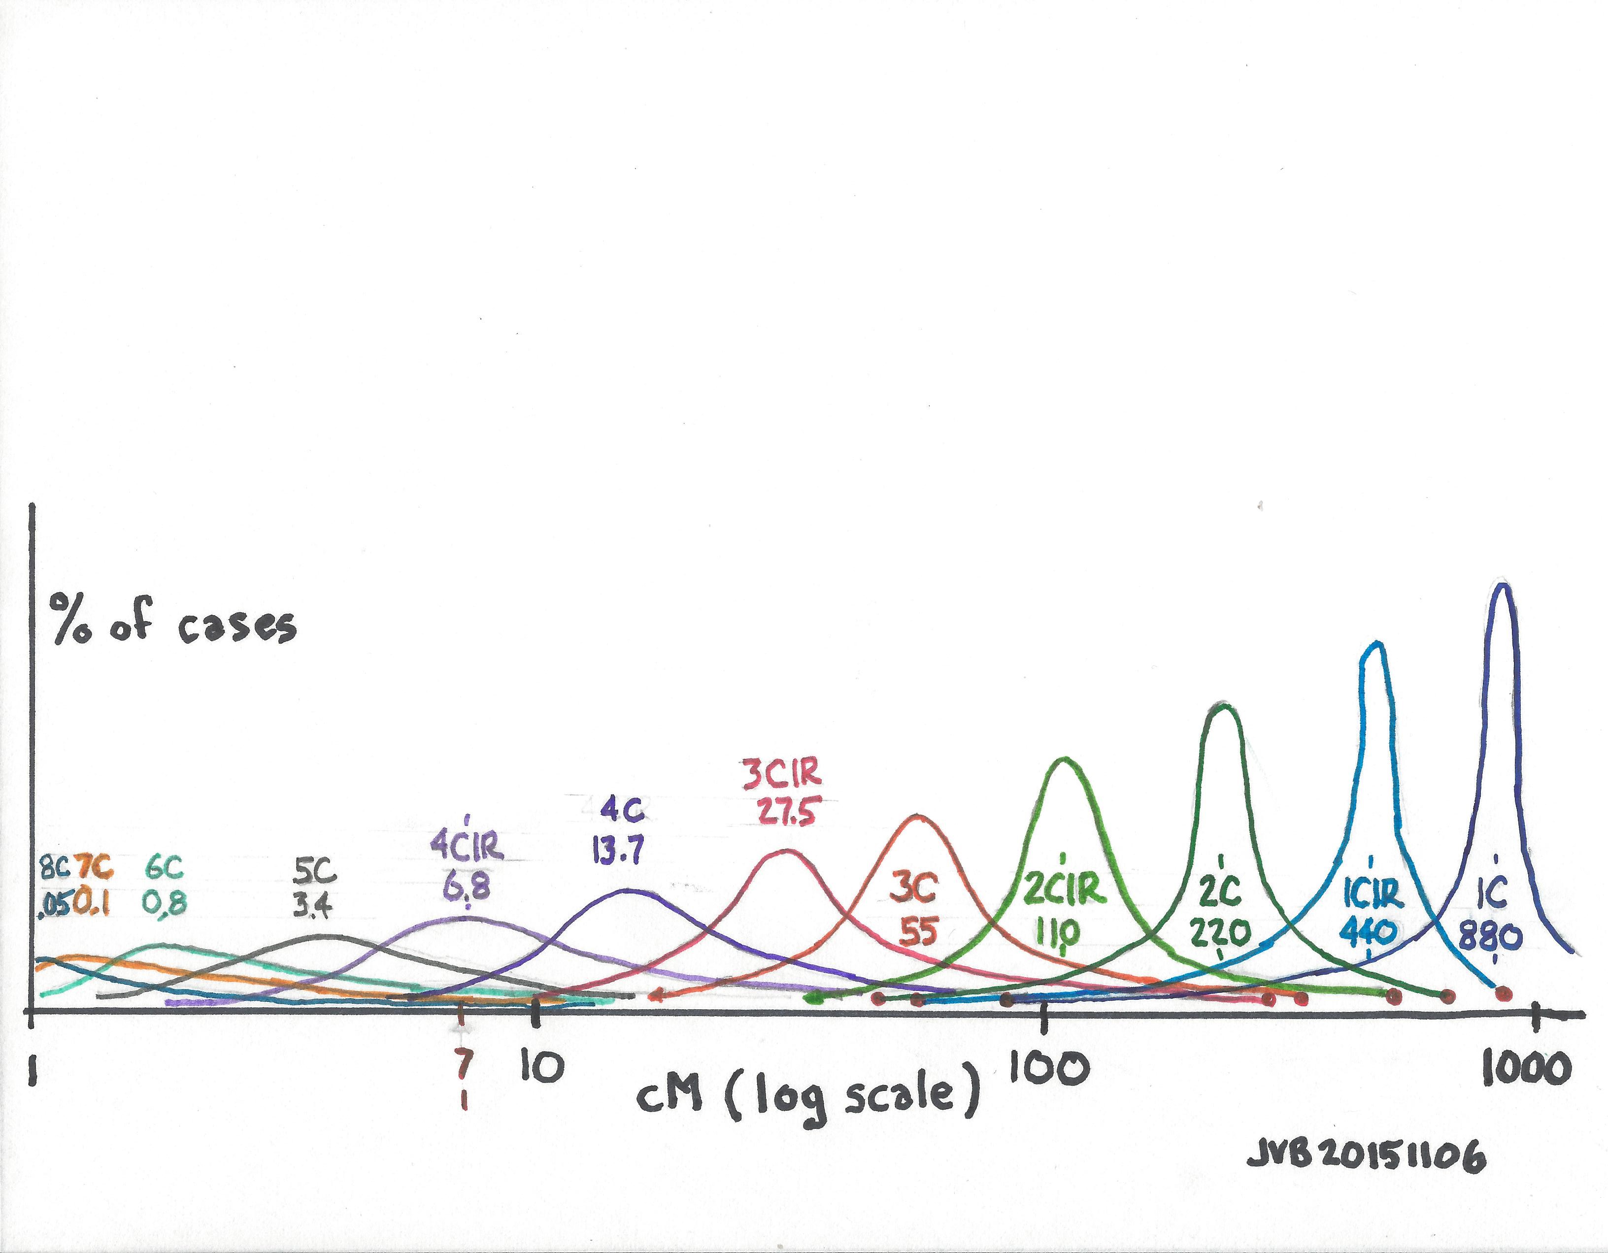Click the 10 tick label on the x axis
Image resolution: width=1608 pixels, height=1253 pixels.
(542, 1067)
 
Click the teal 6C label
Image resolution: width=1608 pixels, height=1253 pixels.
(164, 869)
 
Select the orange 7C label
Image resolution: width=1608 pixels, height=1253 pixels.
(94, 869)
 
